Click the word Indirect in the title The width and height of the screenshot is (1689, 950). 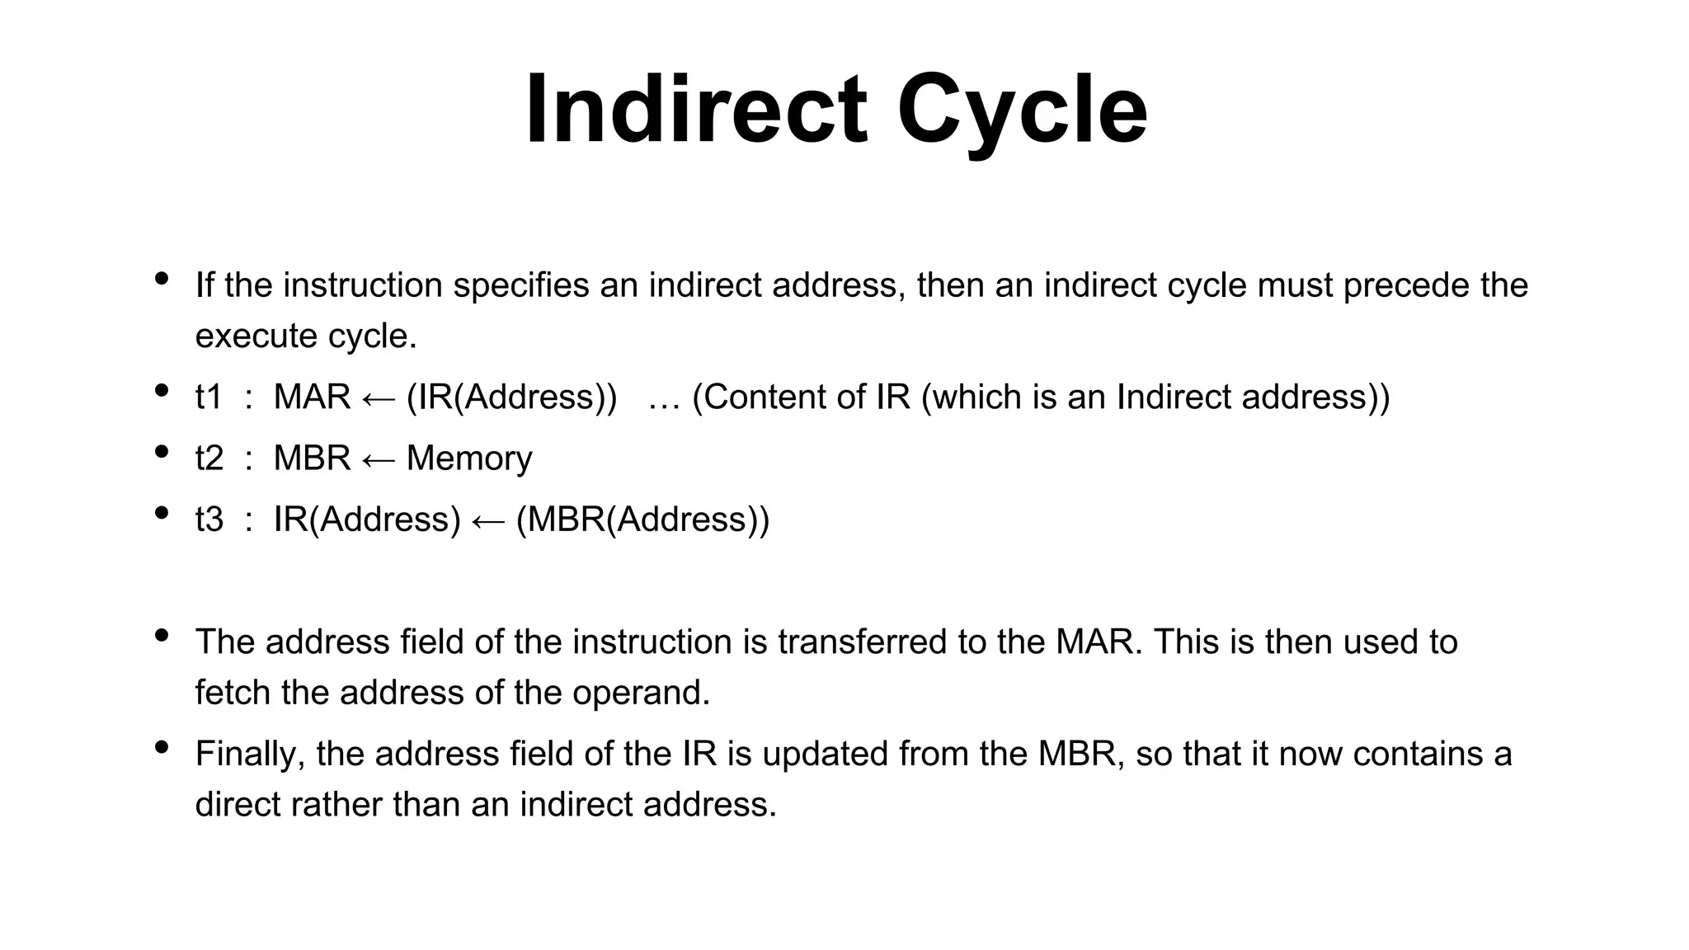point(697,110)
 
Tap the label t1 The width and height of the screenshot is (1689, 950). point(209,397)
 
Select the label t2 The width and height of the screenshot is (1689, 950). point(209,459)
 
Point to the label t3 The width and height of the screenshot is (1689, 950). point(209,520)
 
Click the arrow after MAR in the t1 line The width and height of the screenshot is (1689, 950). point(379,400)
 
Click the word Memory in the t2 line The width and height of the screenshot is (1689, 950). point(469,459)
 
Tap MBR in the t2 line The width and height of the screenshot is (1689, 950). point(312,459)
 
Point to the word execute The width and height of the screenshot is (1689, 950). point(256,336)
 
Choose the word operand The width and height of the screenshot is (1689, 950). point(641,694)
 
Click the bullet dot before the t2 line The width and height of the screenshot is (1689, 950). point(162,451)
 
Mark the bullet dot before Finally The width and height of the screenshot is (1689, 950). point(162,747)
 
